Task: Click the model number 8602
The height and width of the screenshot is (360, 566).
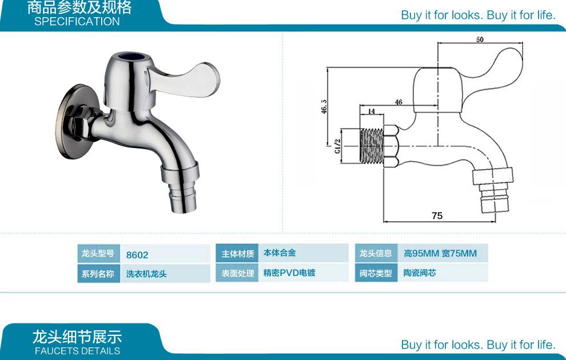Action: pos(137,255)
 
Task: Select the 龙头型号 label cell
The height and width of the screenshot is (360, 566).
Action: pos(97,254)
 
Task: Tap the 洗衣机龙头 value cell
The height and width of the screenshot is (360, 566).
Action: pos(146,274)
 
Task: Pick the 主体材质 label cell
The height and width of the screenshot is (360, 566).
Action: pos(238,254)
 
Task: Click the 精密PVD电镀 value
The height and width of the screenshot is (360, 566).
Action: pos(289,273)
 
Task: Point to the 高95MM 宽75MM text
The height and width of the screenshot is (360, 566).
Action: pos(440,254)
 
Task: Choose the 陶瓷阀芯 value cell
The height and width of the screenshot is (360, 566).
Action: pos(420,273)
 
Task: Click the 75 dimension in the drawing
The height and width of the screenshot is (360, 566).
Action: pos(437,216)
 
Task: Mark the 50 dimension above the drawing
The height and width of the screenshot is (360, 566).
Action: pos(479,39)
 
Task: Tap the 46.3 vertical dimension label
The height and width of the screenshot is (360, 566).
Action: pos(324,107)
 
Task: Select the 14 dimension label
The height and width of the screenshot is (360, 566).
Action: pos(371,111)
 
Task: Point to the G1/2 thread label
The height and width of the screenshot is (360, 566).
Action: pos(337,146)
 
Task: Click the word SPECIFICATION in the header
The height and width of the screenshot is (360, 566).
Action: pos(77,22)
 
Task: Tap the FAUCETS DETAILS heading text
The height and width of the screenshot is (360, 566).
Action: pos(77,351)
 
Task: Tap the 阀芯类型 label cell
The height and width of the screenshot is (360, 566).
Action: pos(376,273)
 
